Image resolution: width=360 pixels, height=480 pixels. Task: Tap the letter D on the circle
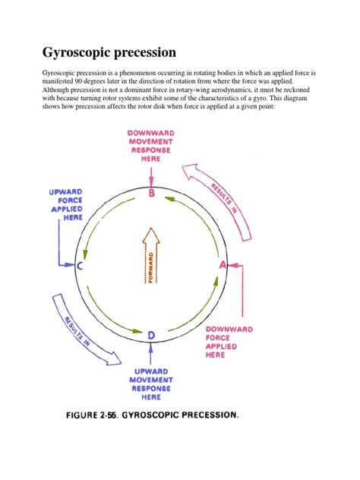[152, 334]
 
